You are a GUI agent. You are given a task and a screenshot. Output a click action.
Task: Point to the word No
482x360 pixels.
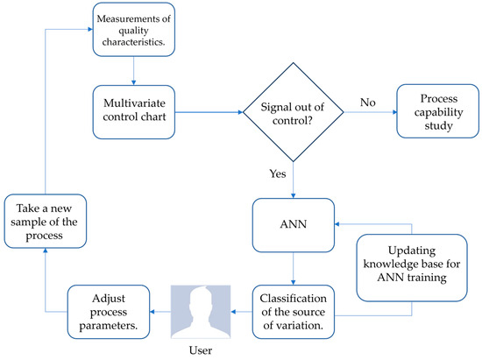[x=368, y=102]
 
